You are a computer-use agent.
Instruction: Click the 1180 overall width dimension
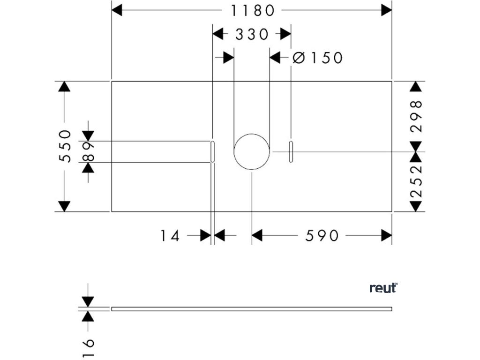[x=252, y=10]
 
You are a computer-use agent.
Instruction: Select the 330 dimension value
[x=252, y=34]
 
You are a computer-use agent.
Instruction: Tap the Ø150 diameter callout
[x=318, y=58]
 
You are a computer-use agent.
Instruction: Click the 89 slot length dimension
[x=88, y=151]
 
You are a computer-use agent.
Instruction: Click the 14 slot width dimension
[x=170, y=235]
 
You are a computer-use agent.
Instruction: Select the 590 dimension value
[x=322, y=235]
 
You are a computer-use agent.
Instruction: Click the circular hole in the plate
[x=252, y=151]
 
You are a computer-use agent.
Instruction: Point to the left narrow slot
[x=213, y=151]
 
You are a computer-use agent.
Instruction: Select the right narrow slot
[x=291, y=151]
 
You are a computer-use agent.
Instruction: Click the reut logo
[x=383, y=288]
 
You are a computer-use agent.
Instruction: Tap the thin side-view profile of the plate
[x=252, y=308]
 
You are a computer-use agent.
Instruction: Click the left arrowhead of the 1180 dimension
[x=117, y=10]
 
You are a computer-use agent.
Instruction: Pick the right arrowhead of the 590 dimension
[x=387, y=235]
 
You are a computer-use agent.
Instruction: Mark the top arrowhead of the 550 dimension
[x=65, y=86]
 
